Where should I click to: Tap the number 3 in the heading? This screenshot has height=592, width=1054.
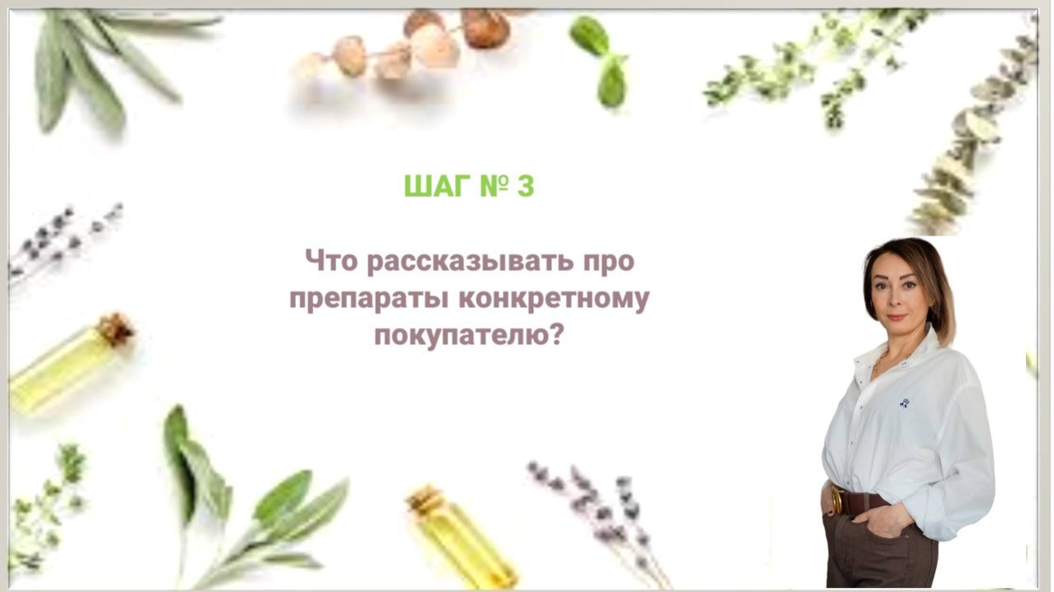(x=525, y=187)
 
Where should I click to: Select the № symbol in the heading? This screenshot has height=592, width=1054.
(x=491, y=187)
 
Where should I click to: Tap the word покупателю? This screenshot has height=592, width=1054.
(x=460, y=335)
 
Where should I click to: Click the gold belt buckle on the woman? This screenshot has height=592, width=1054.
(x=838, y=501)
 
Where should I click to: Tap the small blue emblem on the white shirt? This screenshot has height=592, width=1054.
(x=904, y=403)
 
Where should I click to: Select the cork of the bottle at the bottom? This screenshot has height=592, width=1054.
(x=424, y=499)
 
